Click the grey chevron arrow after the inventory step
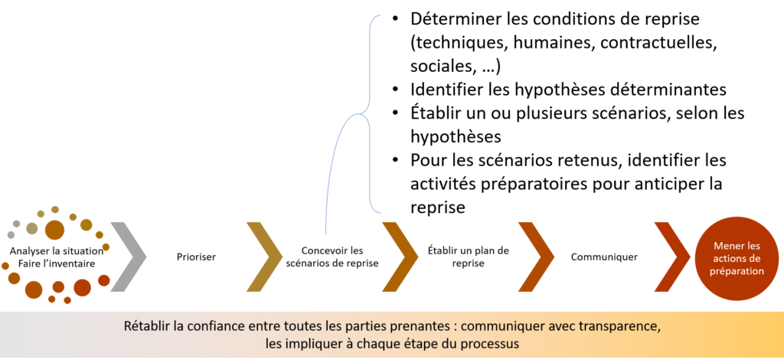coord(129,257)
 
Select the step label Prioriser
coord(196,257)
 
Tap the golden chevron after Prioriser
coord(265,257)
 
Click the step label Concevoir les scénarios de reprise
coord(332,257)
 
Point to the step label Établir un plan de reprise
coord(468,257)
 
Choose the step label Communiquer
coord(604,257)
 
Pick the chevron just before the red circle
coord(673,257)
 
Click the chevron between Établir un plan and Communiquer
coord(537,257)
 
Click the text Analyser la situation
coord(57,250)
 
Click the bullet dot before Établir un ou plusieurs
coord(396,114)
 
